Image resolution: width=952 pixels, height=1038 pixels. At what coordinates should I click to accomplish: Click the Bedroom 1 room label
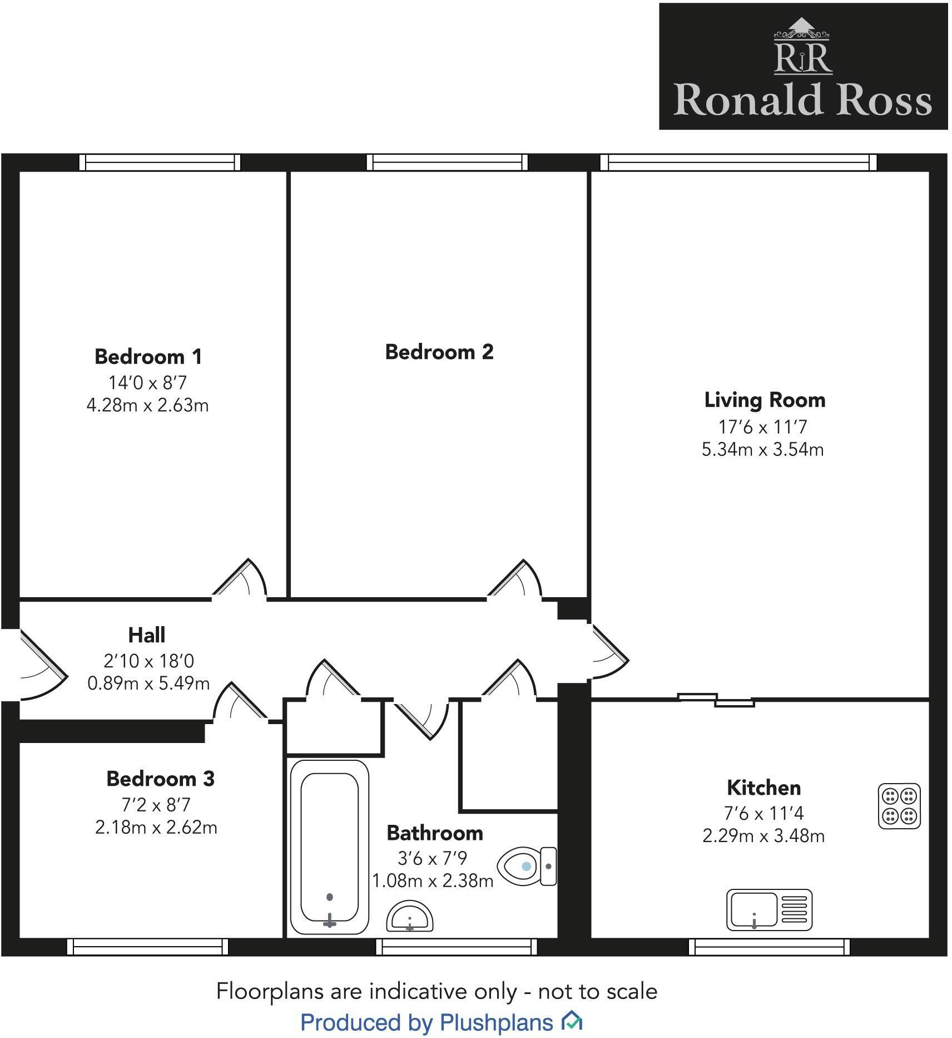(148, 356)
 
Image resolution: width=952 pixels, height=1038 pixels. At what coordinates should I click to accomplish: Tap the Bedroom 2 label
(439, 352)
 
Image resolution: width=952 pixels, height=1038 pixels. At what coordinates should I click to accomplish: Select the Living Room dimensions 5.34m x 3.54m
(762, 449)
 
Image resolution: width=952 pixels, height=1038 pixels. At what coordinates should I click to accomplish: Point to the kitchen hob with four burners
(899, 806)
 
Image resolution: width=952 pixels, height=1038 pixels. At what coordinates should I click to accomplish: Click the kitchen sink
(769, 909)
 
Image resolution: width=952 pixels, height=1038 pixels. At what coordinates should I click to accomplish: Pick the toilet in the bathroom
(527, 866)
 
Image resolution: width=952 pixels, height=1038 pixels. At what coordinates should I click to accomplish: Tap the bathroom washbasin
(410, 917)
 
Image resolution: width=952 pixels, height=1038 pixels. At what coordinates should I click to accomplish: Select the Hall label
(147, 634)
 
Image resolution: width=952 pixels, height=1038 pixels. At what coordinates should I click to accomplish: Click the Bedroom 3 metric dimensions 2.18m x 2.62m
(156, 828)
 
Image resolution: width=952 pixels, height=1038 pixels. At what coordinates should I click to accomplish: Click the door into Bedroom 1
(240, 578)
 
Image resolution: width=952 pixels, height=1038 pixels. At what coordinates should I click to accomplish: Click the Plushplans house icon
(571, 1021)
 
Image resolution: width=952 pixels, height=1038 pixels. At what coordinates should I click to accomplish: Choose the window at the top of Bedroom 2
(447, 162)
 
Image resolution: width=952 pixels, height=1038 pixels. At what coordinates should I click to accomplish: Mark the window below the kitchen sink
(769, 947)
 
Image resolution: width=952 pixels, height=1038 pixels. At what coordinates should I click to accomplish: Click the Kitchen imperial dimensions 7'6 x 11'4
(763, 814)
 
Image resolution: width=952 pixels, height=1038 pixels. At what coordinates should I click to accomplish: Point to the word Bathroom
(435, 833)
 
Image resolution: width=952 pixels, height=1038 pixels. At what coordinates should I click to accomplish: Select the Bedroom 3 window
(147, 947)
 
